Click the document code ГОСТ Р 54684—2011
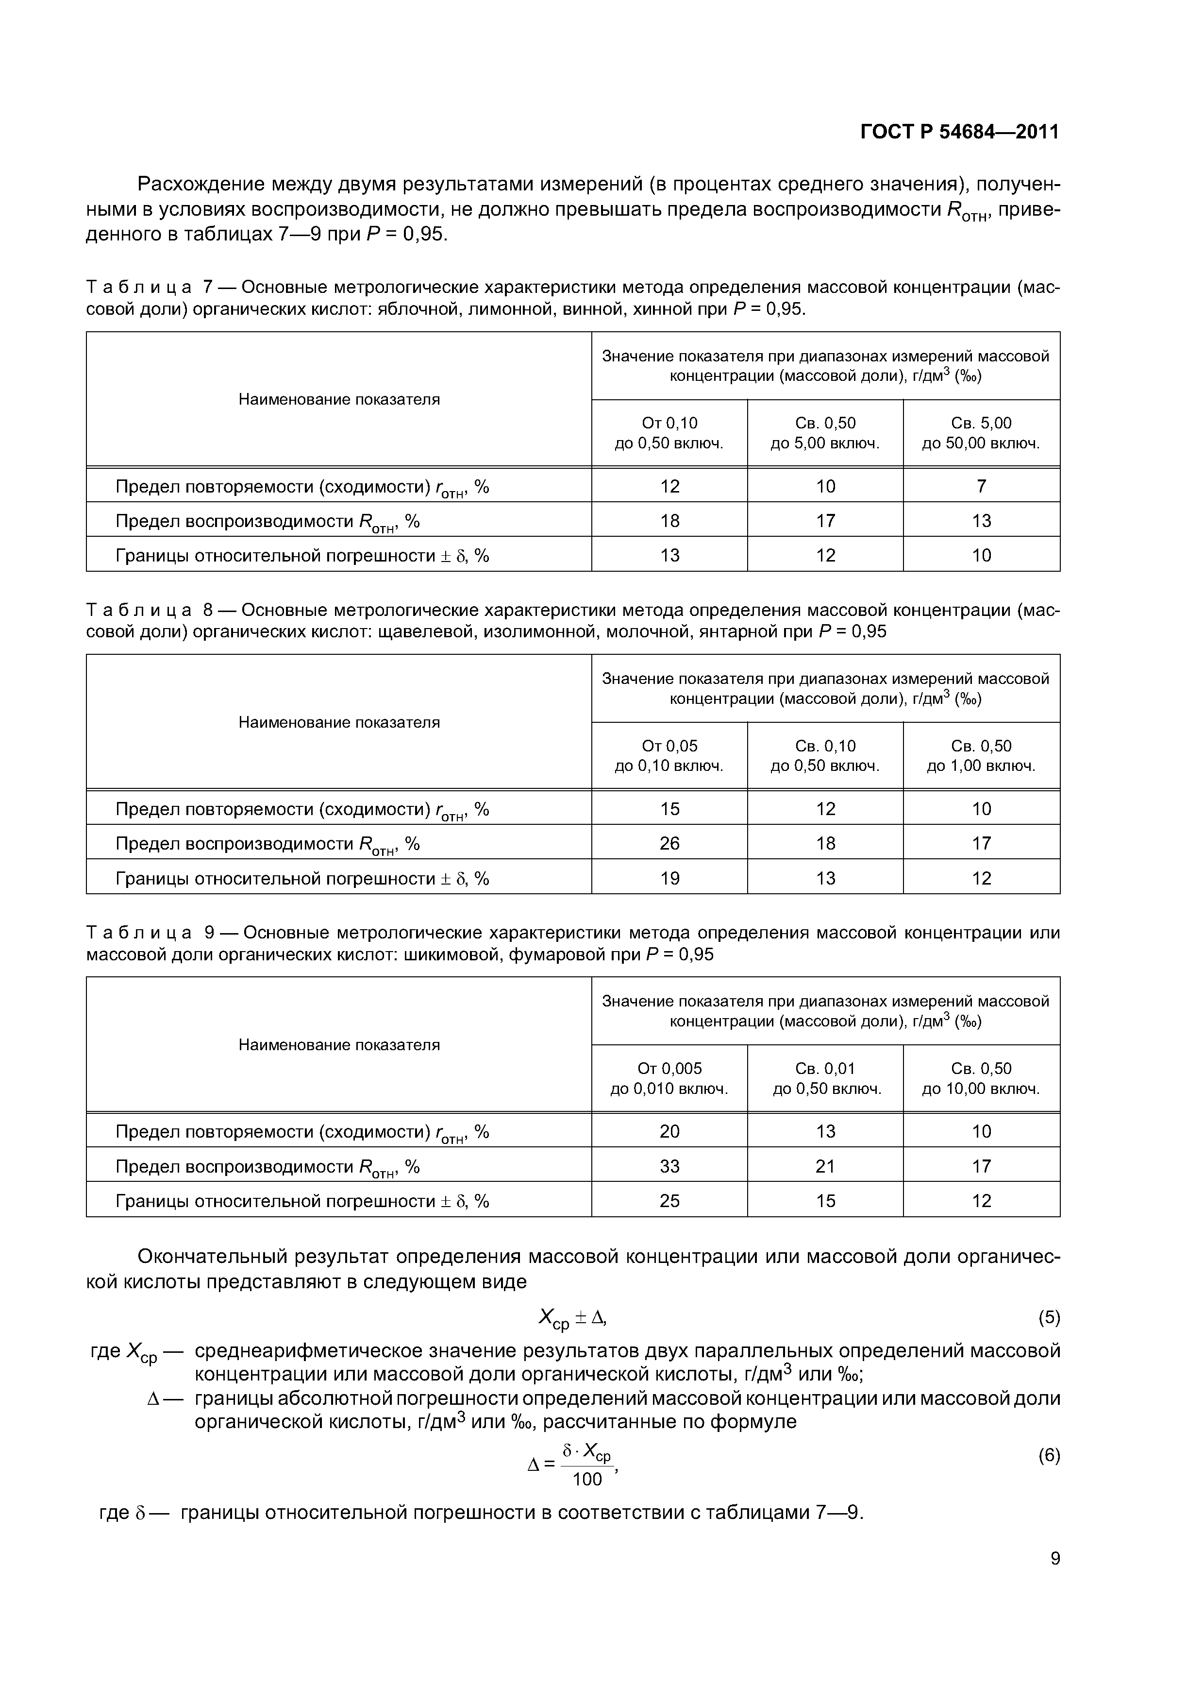pos(959,132)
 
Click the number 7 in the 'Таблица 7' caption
pos(208,287)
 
